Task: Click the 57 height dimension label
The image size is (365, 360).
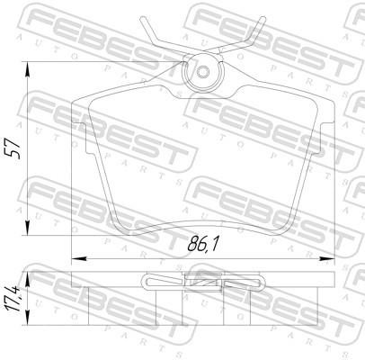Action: [x=14, y=148]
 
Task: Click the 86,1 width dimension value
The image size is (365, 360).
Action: [x=203, y=245]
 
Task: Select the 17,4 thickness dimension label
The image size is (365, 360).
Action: [x=14, y=299]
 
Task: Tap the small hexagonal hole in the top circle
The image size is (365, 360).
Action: [x=203, y=72]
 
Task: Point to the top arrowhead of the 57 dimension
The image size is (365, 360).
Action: [x=27, y=69]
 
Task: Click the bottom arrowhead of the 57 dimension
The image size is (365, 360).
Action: [x=27, y=228]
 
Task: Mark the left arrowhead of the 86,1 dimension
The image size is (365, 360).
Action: [x=79, y=258]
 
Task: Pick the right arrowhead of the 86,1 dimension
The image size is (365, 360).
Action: [x=327, y=258]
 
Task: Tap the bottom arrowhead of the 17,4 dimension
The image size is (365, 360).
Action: [x=27, y=318]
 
